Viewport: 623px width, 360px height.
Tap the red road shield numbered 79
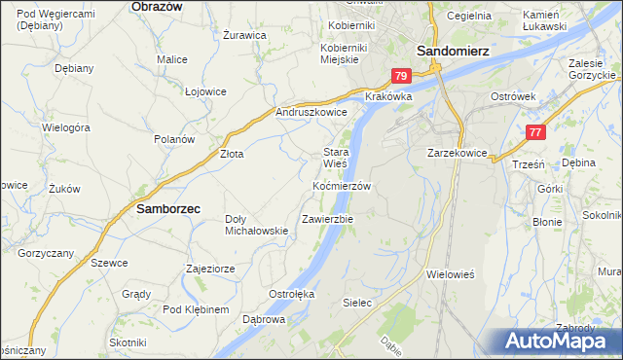(402, 75)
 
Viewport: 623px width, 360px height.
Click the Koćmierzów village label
(342, 186)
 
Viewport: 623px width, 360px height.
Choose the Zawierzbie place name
(328, 219)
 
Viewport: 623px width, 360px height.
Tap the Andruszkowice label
(312, 113)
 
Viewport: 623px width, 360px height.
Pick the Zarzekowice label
(457, 154)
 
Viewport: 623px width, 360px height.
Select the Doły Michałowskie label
(256, 225)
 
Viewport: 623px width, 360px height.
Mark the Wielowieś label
(450, 275)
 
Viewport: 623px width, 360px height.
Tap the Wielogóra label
(66, 127)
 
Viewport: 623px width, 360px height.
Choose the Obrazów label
(157, 6)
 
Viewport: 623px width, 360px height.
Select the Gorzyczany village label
(46, 253)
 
